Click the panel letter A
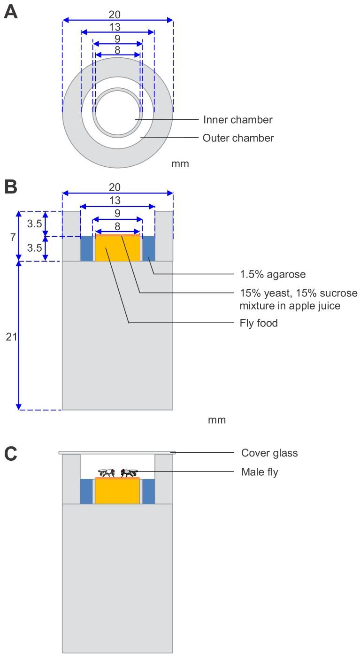click(11, 11)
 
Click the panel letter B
click(11, 186)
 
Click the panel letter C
click(11, 454)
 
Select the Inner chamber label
click(237, 120)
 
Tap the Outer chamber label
click(238, 138)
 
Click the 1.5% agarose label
click(266, 273)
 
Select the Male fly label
click(260, 472)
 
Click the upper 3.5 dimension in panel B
click(34, 224)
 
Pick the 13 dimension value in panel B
click(115, 201)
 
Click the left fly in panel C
click(107, 472)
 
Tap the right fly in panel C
click(129, 472)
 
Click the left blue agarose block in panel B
click(86, 248)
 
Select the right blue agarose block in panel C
click(148, 491)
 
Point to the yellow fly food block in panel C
click(117, 492)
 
